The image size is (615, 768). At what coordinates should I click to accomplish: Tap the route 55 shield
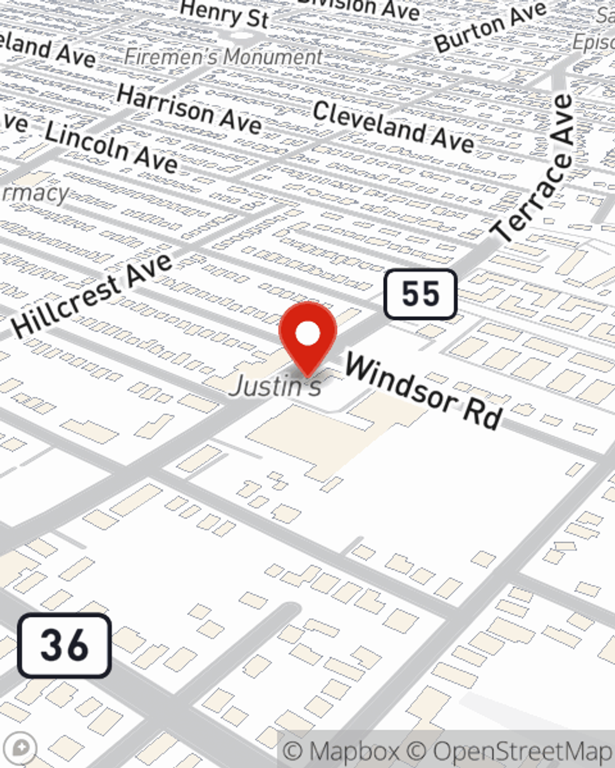[421, 294]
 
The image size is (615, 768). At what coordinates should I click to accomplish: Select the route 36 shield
[65, 646]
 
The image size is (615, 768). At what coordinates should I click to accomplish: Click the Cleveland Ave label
[394, 127]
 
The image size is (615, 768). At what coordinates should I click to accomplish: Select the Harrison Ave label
[189, 109]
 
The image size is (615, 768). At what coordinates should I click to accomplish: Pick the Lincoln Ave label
[111, 147]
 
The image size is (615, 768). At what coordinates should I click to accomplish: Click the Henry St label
[224, 14]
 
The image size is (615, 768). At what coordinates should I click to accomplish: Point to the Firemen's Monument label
[223, 57]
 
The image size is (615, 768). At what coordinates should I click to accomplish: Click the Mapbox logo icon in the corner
[20, 748]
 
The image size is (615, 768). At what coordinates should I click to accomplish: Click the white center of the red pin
[307, 334]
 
